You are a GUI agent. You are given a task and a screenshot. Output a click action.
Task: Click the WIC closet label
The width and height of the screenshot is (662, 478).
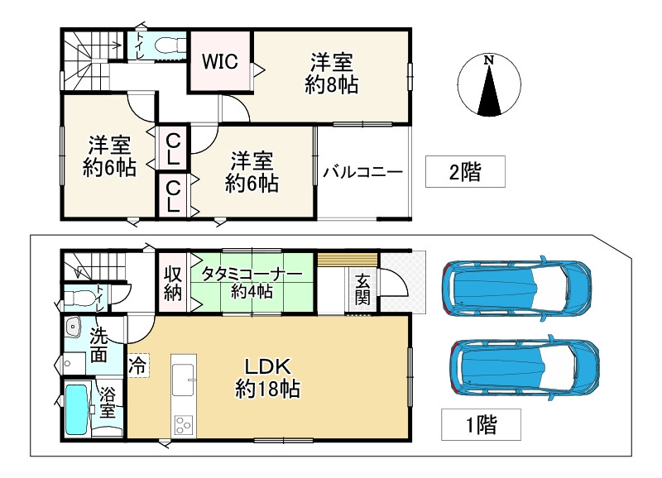219,61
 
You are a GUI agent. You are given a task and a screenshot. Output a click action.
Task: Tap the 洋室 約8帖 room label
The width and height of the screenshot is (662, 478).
332,74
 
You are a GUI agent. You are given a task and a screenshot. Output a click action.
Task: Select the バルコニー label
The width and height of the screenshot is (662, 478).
363,172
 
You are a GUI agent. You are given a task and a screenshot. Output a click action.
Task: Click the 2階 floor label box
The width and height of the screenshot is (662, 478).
465,171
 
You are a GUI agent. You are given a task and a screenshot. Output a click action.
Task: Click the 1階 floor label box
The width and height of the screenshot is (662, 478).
481,424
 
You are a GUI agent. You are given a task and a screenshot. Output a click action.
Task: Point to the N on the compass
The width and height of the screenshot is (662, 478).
489,60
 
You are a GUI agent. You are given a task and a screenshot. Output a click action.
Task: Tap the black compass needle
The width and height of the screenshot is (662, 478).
489,90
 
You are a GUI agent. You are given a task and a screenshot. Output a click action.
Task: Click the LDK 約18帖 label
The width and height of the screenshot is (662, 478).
267,378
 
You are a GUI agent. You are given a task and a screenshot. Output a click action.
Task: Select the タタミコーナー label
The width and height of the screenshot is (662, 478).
252,274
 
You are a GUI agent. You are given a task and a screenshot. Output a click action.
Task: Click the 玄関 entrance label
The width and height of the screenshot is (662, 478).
362,289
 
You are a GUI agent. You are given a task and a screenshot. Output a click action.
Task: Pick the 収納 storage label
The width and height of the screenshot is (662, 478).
173,282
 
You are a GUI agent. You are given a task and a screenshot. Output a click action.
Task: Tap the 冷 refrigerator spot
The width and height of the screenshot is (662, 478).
138,365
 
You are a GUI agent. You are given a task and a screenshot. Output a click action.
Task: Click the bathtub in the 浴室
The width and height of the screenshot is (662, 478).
78,408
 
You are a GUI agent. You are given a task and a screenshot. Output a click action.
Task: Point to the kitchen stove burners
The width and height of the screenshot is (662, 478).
184,425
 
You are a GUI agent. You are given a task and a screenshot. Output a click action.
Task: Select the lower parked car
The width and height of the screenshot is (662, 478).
525,367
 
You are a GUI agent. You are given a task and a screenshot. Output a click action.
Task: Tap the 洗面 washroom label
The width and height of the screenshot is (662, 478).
98,346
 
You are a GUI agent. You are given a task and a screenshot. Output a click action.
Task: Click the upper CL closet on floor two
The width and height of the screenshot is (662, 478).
174,148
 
